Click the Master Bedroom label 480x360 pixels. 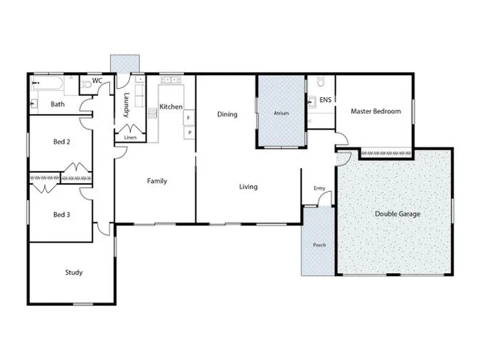pos(376,111)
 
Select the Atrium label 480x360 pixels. pos(281,114)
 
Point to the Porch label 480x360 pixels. pos(319,245)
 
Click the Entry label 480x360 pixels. pos(319,189)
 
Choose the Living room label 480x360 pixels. pos(248,187)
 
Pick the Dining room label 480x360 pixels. pos(227,114)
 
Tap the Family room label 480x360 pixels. pos(157,181)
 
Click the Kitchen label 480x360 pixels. pos(171,107)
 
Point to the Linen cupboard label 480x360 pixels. pos(130,138)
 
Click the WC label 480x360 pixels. pos(97,81)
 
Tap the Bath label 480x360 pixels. pos(58,105)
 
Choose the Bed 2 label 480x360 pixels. pos(62,142)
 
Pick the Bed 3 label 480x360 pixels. pos(62,214)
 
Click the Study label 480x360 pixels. pos(73,272)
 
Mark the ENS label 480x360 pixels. pos(325,101)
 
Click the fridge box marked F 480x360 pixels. pos(189,118)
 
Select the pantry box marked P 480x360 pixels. pos(189,133)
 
